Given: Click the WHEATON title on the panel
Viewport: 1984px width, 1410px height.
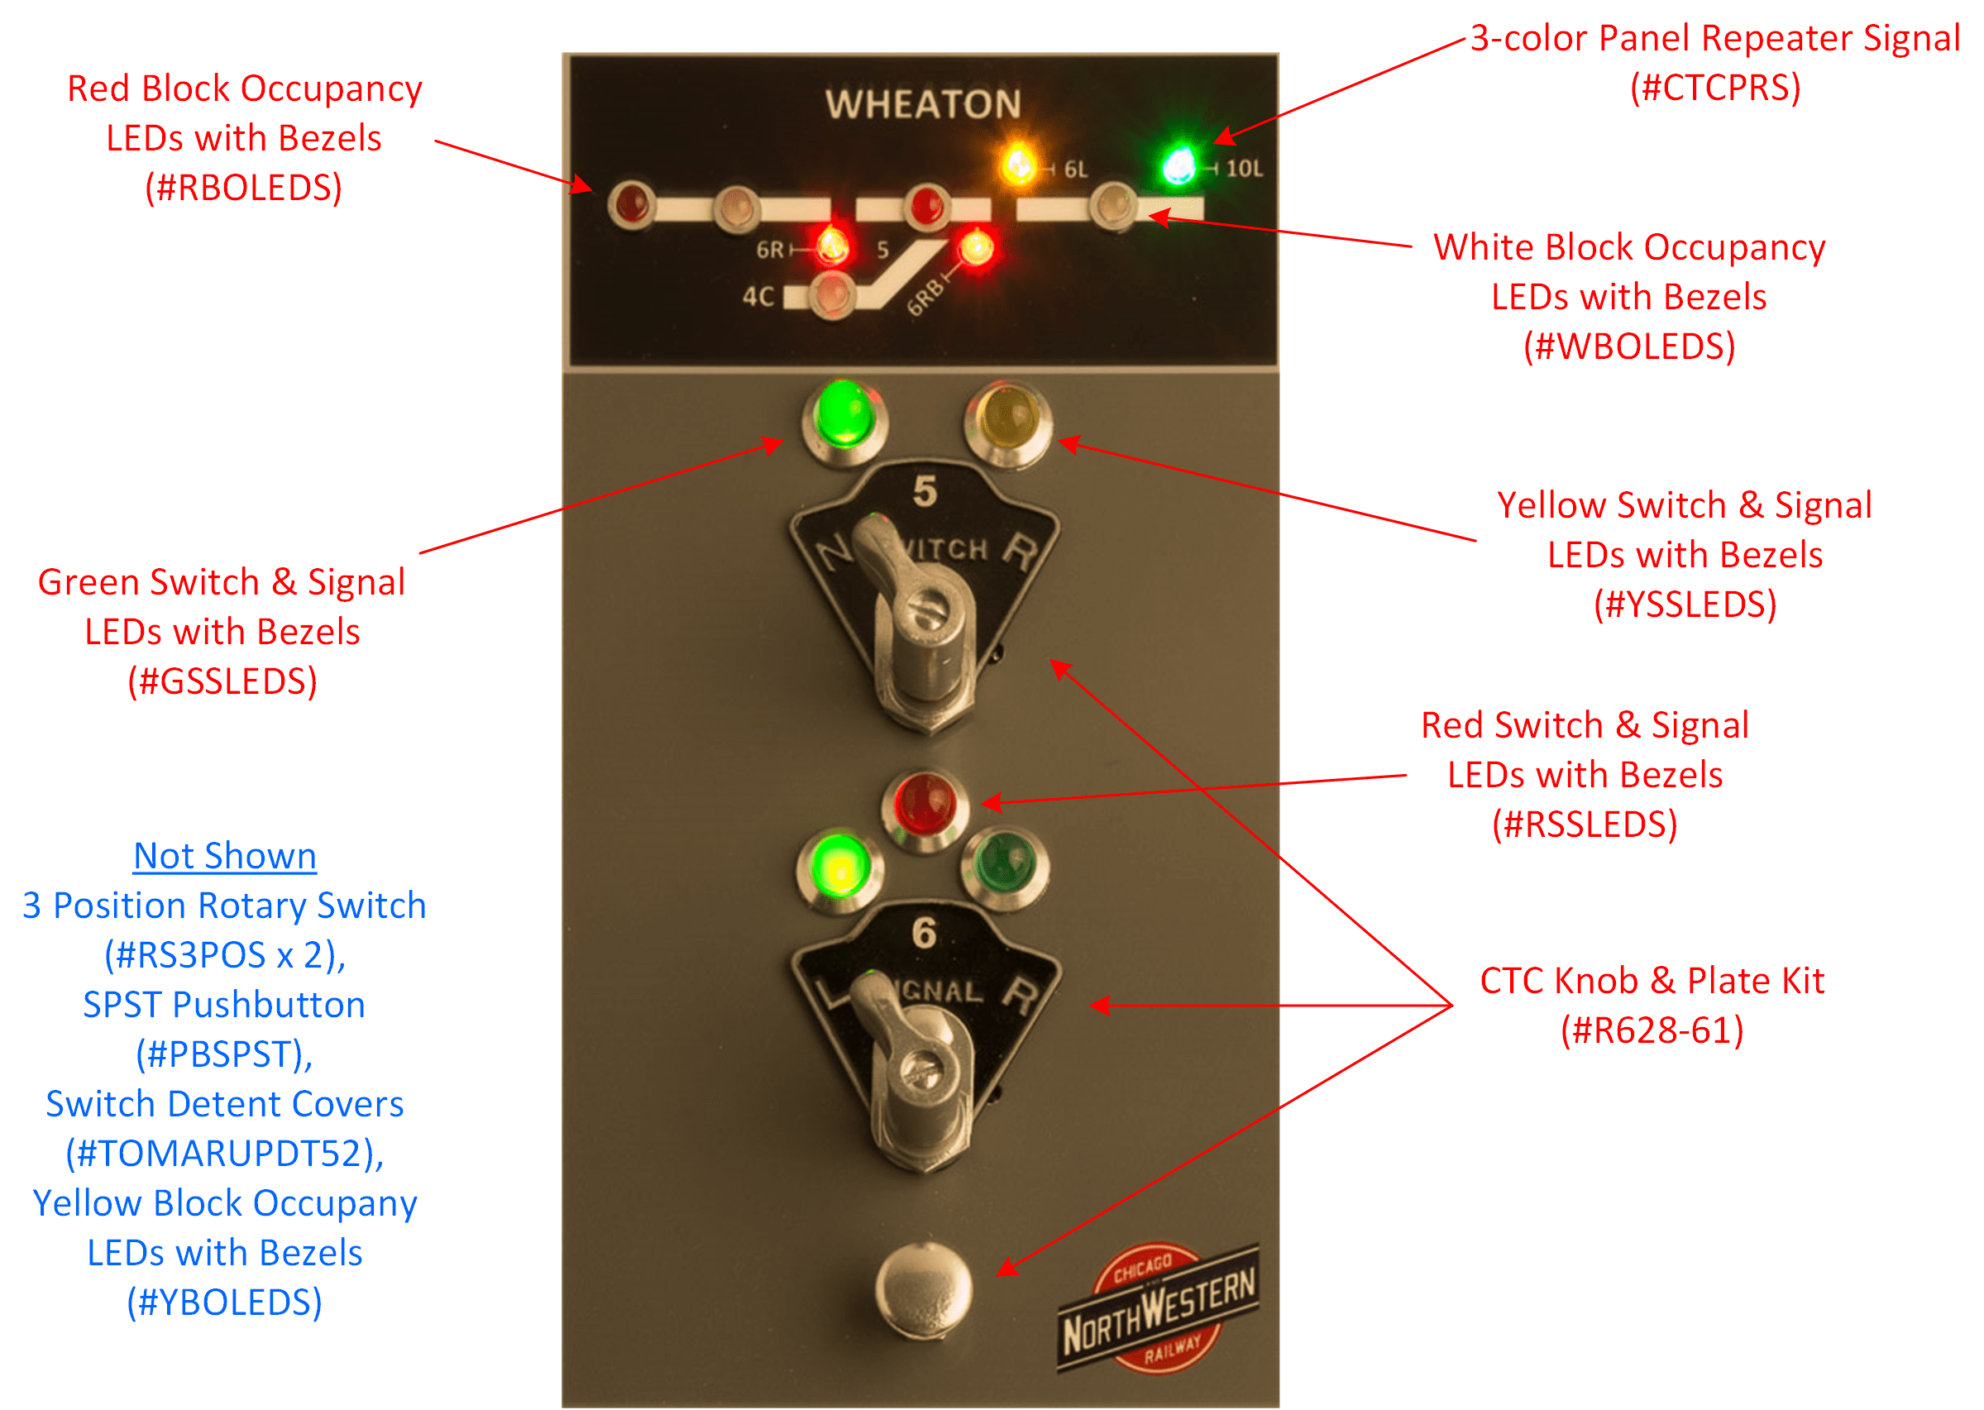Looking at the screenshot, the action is [x=923, y=104].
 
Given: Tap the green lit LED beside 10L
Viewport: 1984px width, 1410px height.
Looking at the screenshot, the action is [x=1178, y=165].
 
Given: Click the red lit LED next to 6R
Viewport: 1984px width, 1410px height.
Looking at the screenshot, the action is [x=831, y=245].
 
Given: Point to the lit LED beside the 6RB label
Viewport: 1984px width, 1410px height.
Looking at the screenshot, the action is [x=976, y=247].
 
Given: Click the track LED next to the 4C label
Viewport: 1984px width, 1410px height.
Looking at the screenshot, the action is [x=832, y=295].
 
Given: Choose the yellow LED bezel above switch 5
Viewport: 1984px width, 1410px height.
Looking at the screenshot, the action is [x=1007, y=418].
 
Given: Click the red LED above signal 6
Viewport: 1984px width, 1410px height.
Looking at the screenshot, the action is [x=925, y=805].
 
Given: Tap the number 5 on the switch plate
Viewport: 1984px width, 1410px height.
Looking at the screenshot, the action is [x=925, y=492].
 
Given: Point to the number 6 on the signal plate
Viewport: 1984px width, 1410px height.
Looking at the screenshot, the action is [x=924, y=934].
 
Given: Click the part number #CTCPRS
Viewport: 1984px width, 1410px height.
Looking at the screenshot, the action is [x=1715, y=88].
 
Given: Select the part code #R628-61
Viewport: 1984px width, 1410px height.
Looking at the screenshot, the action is [x=1652, y=1030].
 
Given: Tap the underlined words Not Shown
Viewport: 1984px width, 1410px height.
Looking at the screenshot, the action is [x=225, y=856].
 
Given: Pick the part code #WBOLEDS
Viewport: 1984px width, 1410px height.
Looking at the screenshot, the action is [x=1629, y=347].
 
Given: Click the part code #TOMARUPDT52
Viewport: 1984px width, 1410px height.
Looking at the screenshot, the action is [x=225, y=1154].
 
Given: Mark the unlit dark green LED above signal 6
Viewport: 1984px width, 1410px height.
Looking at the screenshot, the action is [x=1005, y=865].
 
